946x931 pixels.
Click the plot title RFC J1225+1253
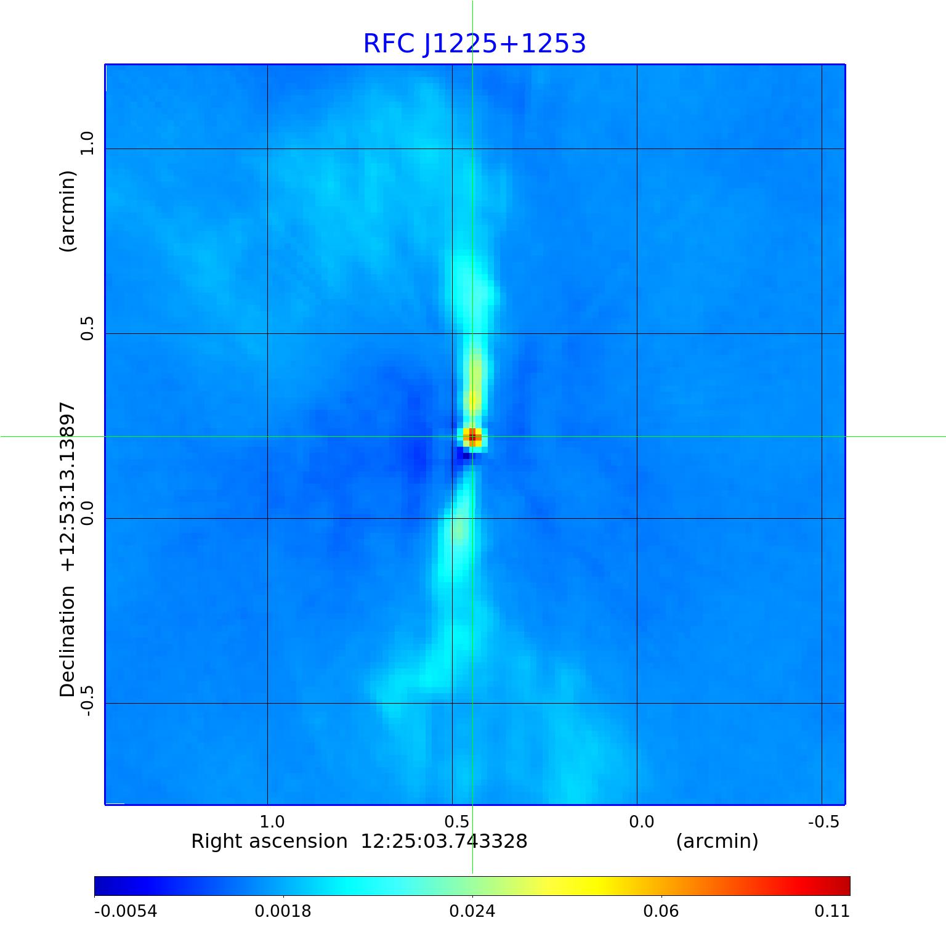(x=474, y=44)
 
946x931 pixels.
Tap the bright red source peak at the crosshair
(x=472, y=437)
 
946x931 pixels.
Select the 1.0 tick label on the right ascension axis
(x=272, y=822)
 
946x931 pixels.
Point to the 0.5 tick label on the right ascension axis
(x=456, y=822)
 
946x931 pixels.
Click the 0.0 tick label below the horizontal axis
(x=641, y=822)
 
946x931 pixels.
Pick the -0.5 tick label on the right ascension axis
(x=823, y=822)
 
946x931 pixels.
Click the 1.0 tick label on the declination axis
(x=87, y=143)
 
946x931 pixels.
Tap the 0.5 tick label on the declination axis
(x=87, y=328)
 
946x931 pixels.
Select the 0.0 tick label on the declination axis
(x=87, y=513)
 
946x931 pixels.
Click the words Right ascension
(x=269, y=842)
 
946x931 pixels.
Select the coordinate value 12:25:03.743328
(x=444, y=842)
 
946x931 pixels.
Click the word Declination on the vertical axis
(x=67, y=641)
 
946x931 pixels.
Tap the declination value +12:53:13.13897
(x=67, y=486)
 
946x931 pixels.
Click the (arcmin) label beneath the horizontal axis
(x=717, y=842)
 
